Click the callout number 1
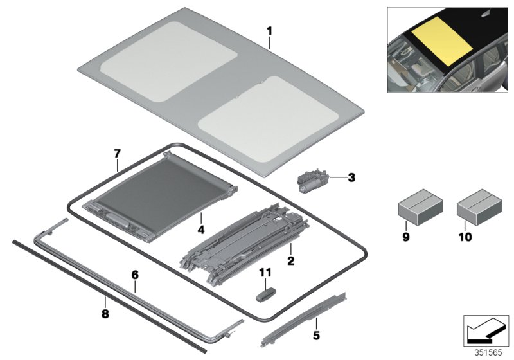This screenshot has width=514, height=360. (x=270, y=30)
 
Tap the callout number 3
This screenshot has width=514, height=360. (x=351, y=177)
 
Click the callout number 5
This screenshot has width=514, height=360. (x=315, y=335)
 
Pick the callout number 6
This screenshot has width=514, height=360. (x=135, y=274)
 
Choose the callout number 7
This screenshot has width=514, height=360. (x=117, y=154)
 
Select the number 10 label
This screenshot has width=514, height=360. (x=465, y=237)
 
